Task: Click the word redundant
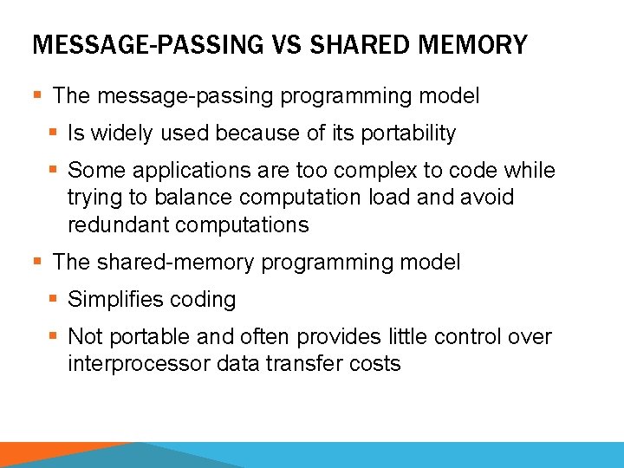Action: pos(119,225)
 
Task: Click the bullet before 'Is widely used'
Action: pos(54,133)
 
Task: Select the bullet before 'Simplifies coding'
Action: pos(54,300)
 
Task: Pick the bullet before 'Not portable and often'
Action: pos(54,337)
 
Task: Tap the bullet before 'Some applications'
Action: pos(54,171)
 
